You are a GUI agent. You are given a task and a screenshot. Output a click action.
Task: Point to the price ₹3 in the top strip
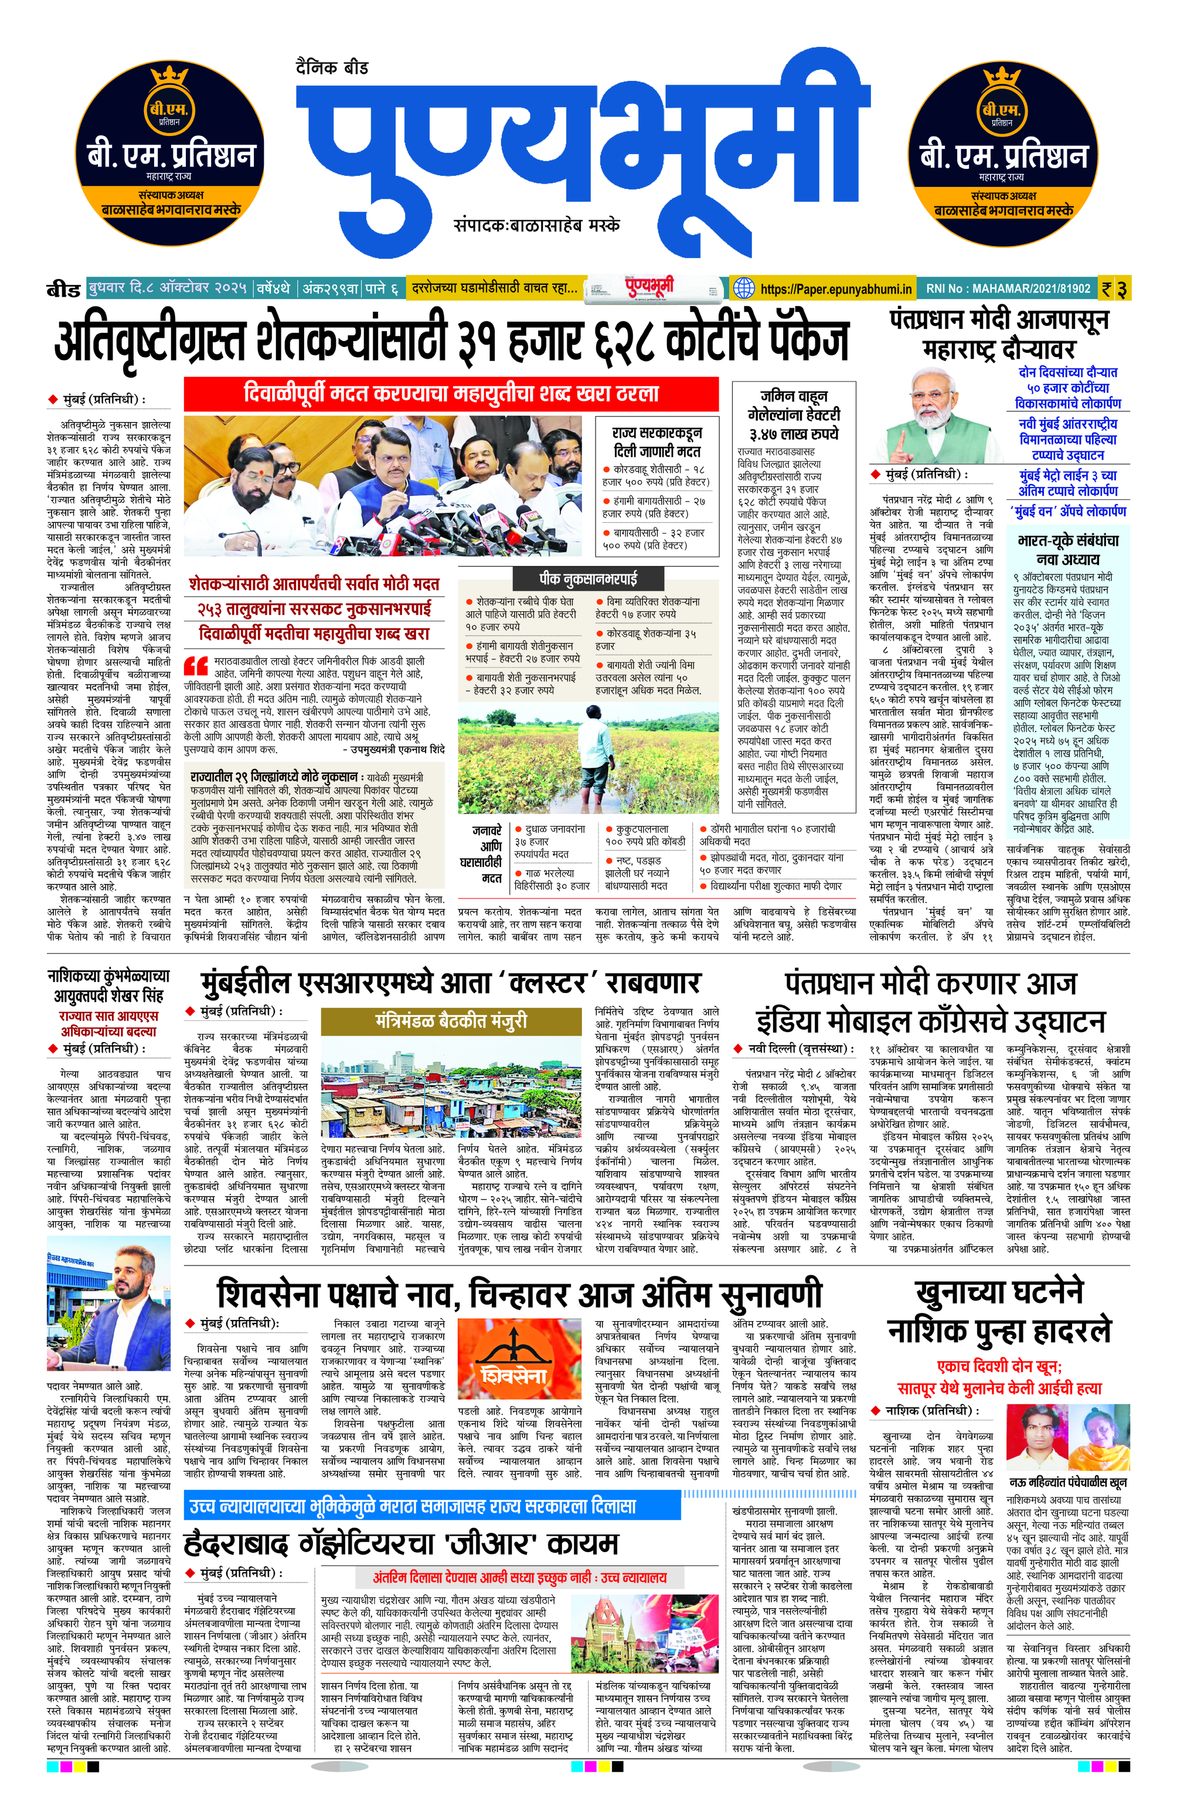point(1114,289)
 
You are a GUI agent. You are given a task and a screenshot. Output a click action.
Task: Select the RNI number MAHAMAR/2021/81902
point(1008,289)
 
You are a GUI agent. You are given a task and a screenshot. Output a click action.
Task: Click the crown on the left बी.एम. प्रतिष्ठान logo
point(169,77)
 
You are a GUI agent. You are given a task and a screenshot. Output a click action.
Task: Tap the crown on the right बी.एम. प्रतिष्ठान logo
point(1002,77)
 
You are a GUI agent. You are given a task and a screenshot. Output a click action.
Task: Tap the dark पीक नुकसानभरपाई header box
point(588,579)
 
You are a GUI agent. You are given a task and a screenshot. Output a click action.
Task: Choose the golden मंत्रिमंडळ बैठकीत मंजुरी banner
point(451,1022)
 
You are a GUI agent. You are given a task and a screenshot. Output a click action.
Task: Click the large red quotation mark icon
point(196,665)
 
